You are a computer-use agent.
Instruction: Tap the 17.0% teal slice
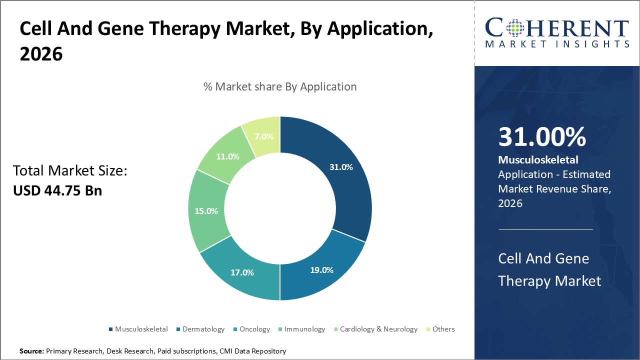pos(242,272)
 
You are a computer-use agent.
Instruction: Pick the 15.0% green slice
pos(206,211)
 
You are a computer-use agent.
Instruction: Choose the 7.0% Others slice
pos(263,136)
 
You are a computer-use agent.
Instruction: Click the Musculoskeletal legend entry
pos(138,329)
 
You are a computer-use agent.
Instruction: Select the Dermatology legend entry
pos(200,329)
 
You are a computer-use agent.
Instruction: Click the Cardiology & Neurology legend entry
pos(375,329)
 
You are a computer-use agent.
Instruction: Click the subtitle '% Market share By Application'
pos(280,86)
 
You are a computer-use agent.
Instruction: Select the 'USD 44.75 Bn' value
pos(57,190)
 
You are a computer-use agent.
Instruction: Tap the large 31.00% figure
pos(542,137)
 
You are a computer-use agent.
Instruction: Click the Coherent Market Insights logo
pos(557,33)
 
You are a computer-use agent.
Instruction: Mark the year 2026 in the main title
pos(41,54)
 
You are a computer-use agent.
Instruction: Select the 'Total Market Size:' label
pos(70,171)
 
